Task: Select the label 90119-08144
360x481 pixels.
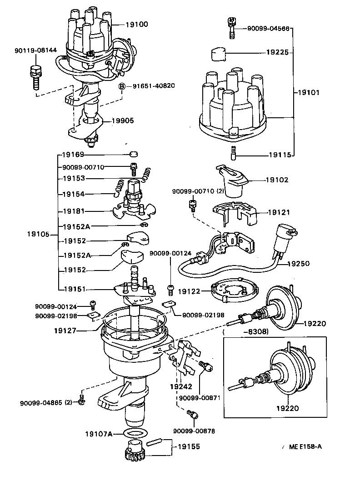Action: (x=36, y=50)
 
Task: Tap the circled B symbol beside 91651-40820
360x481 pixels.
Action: (x=122, y=86)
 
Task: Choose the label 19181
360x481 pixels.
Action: (x=74, y=211)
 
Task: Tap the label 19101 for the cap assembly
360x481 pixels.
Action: (x=309, y=92)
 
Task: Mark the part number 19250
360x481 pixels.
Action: (x=299, y=263)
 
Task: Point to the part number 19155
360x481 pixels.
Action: (x=189, y=447)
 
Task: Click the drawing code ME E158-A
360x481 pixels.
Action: (x=305, y=446)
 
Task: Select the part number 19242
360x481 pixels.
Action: (x=181, y=387)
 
